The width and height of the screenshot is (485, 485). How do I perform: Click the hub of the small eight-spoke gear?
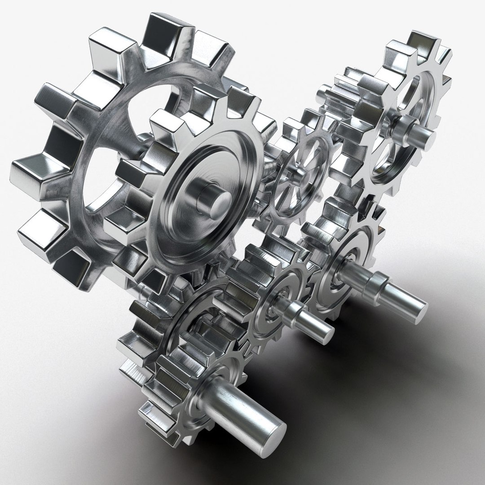coord(296,173)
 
